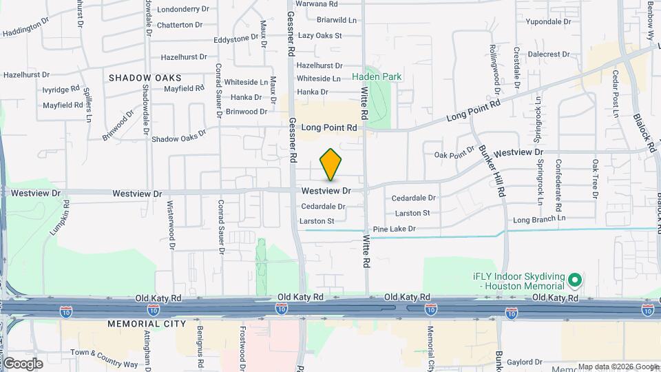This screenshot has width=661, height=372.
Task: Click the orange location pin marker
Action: pyautogui.click(x=331, y=165)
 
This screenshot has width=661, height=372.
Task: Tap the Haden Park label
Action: pyautogui.click(x=377, y=77)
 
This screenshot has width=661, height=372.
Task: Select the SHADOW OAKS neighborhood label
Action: pyautogui.click(x=145, y=78)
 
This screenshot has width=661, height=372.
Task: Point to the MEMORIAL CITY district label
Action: pyautogui.click(x=147, y=323)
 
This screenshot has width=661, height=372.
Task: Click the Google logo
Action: pyautogui.click(x=23, y=363)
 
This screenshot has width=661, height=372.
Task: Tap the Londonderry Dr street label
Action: pyautogui.click(x=183, y=10)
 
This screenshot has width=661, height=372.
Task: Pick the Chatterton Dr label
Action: pyautogui.click(x=180, y=25)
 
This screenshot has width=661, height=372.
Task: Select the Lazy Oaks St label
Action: pyautogui.click(x=320, y=35)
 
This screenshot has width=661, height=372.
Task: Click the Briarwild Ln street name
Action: pyautogui.click(x=337, y=20)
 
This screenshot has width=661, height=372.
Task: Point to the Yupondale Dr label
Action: pyautogui.click(x=549, y=22)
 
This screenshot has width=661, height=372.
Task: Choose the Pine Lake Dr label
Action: pyautogui.click(x=394, y=229)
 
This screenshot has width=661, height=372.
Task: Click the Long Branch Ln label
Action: pyautogui.click(x=539, y=218)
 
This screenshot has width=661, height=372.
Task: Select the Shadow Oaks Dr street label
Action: pyautogui.click(x=178, y=138)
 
